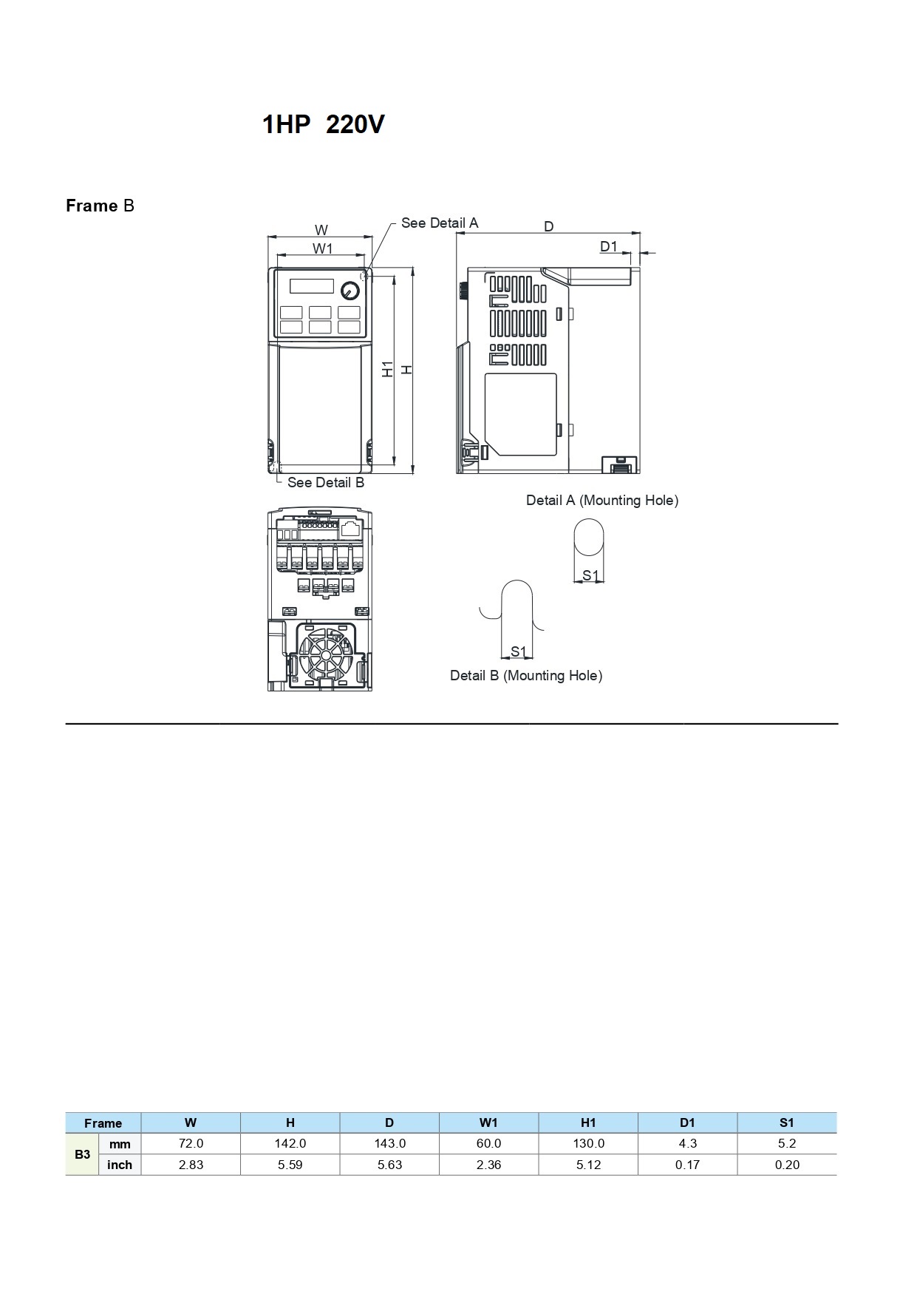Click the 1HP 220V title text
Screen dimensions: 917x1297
pyautogui.click(x=323, y=124)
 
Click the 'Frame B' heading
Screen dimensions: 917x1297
pyautogui.click(x=100, y=206)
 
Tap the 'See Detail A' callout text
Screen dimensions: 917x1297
pyautogui.click(x=440, y=223)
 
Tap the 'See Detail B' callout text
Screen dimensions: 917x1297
pyautogui.click(x=326, y=482)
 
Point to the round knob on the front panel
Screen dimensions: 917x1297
pyautogui.click(x=350, y=290)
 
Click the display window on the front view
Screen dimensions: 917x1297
pyautogui.click(x=311, y=286)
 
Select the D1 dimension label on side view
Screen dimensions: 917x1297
pyautogui.click(x=608, y=246)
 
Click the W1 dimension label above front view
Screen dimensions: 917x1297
pyautogui.click(x=323, y=248)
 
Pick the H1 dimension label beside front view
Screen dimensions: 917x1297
pyautogui.click(x=388, y=369)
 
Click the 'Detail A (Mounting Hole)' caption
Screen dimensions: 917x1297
pyautogui.click(x=602, y=501)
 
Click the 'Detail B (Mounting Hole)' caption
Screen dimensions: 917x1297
pyautogui.click(x=526, y=676)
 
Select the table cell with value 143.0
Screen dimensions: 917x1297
pyautogui.click(x=389, y=1143)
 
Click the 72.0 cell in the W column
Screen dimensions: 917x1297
pyautogui.click(x=191, y=1143)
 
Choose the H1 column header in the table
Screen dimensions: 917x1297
pyautogui.click(x=588, y=1122)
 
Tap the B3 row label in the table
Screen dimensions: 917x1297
pyautogui.click(x=83, y=1154)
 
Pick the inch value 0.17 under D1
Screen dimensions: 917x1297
pyautogui.click(x=687, y=1165)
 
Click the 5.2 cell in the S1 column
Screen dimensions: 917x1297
pyautogui.click(x=787, y=1143)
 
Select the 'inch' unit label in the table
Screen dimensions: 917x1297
pyautogui.click(x=120, y=1165)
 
